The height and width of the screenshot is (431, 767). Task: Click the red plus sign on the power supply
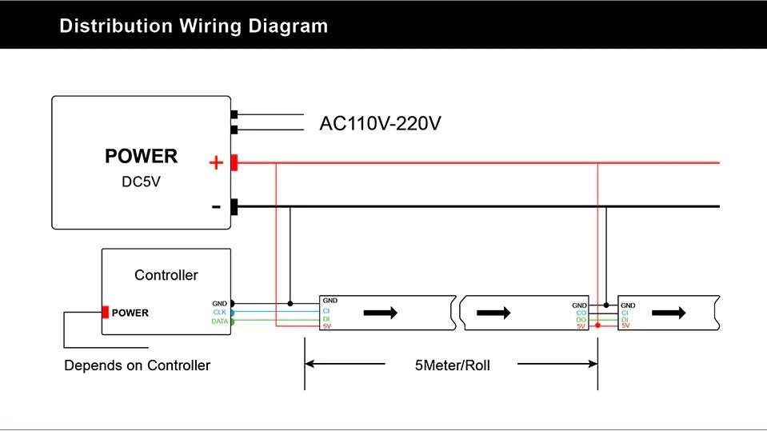pyautogui.click(x=216, y=162)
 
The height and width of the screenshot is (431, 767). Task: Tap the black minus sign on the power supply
pyautogui.click(x=216, y=207)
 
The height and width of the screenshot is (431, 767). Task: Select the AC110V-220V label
pyautogui.click(x=380, y=123)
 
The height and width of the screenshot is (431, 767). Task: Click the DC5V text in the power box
pyautogui.click(x=141, y=182)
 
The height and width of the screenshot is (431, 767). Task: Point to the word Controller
pyautogui.click(x=166, y=275)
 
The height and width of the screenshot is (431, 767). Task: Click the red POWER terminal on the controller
pyautogui.click(x=105, y=312)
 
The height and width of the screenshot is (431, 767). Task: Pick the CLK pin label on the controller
pyautogui.click(x=220, y=312)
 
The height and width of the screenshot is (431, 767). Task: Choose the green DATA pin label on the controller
pyautogui.click(x=220, y=321)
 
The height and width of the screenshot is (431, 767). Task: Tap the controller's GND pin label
pyautogui.click(x=220, y=303)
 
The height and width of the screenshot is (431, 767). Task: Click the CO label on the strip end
pyautogui.click(x=581, y=313)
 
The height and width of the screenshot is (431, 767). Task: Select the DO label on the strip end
pyautogui.click(x=581, y=320)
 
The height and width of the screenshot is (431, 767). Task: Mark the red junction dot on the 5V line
pyautogui.click(x=597, y=325)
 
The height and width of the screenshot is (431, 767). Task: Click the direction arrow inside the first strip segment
pyautogui.click(x=381, y=313)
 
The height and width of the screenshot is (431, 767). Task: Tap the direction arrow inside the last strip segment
pyautogui.click(x=669, y=313)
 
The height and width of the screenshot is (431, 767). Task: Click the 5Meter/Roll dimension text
pyautogui.click(x=453, y=365)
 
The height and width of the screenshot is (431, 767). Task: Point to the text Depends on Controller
pyautogui.click(x=137, y=365)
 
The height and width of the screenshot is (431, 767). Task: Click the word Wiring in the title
pyautogui.click(x=210, y=26)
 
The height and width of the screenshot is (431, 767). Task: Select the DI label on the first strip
pyautogui.click(x=326, y=319)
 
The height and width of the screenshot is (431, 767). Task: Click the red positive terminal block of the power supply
pyautogui.click(x=234, y=162)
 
